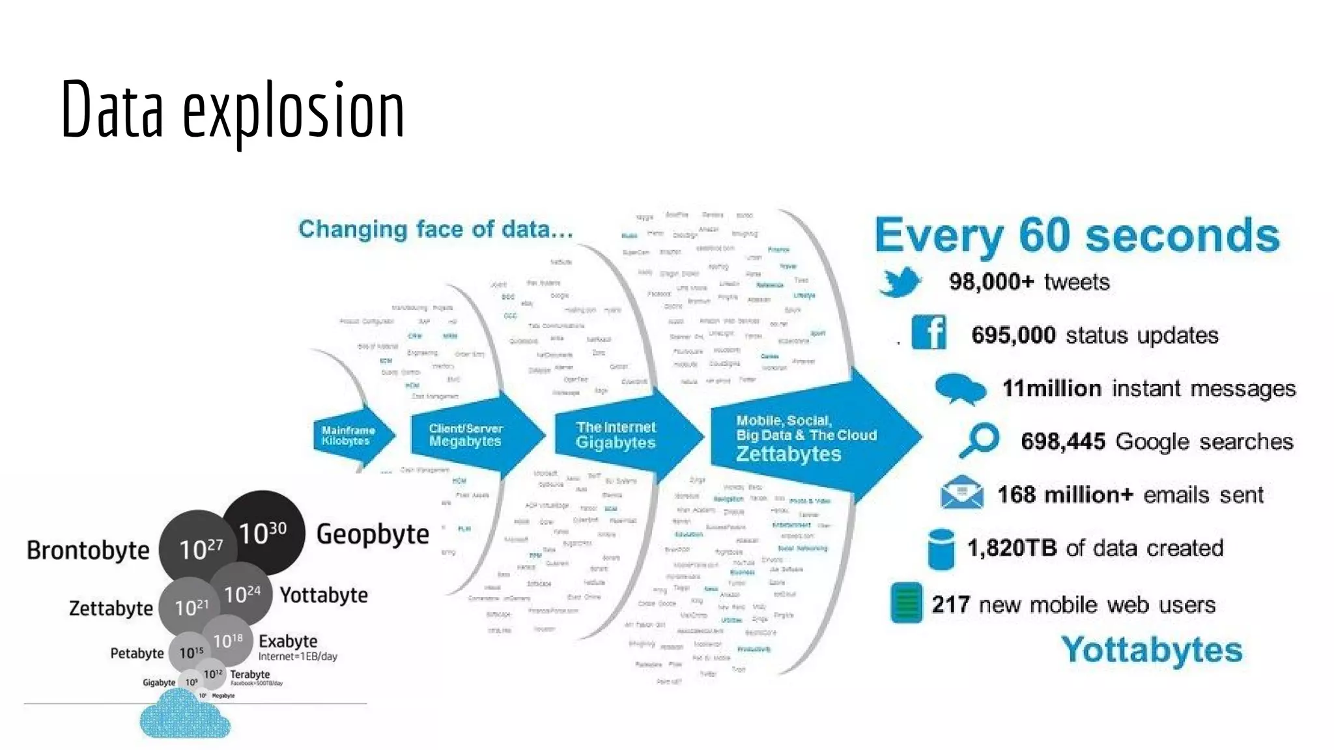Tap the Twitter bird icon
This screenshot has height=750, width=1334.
point(900,282)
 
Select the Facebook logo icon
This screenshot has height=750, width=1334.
point(929,333)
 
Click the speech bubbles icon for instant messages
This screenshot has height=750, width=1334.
point(959,389)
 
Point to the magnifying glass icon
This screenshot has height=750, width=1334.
point(979,441)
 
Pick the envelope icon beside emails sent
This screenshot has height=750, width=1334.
point(961,492)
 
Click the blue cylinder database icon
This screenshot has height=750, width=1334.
point(941,548)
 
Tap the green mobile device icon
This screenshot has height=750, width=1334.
point(906,603)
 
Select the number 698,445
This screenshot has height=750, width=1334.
point(1062,441)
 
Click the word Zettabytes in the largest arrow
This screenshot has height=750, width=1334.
point(788,454)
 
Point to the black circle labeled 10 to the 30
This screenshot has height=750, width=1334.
point(263,533)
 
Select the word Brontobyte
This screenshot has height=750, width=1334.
point(88,550)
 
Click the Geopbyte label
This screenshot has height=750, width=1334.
point(373,534)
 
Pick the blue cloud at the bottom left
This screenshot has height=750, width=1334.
point(184,714)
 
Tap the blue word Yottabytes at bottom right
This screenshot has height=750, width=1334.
point(1152,650)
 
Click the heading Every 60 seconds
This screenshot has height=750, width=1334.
point(1077,235)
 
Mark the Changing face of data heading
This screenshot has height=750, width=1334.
point(436,229)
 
